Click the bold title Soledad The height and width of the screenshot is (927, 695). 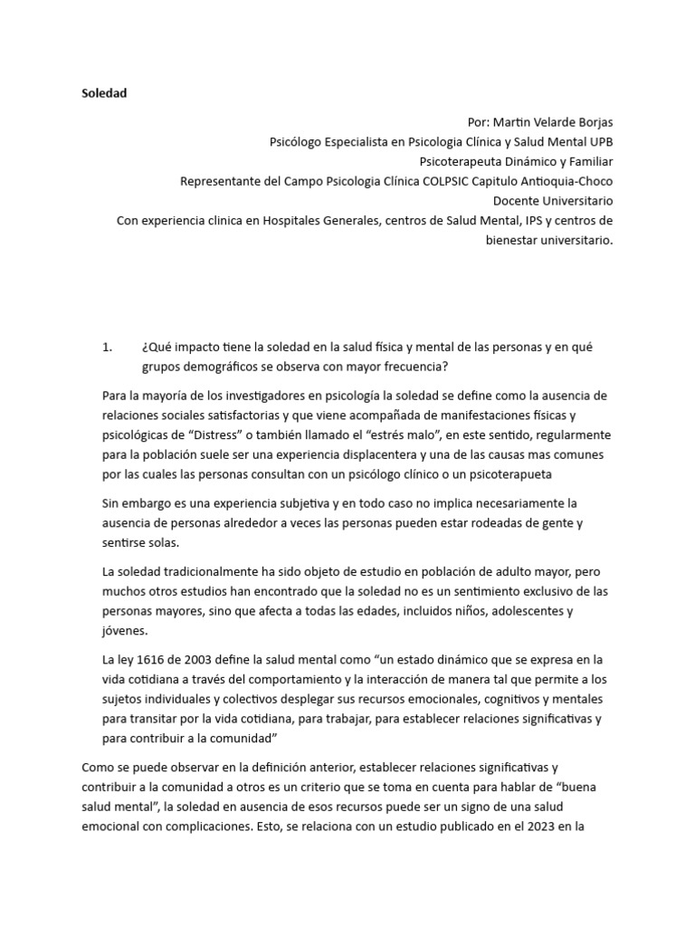tap(104, 93)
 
